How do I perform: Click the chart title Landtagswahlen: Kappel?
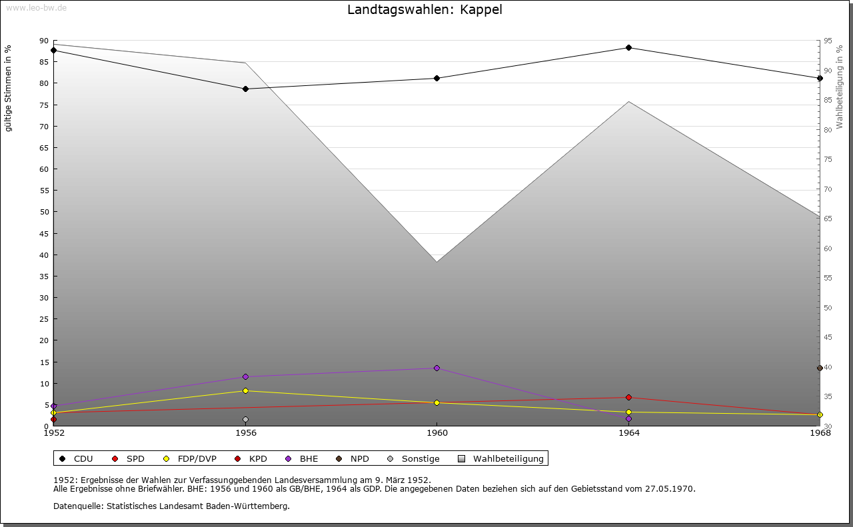point(425,10)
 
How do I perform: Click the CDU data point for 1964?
point(628,47)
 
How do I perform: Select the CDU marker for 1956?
point(245,89)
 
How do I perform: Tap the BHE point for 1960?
point(436,368)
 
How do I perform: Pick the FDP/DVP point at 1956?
point(245,390)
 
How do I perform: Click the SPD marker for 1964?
point(628,397)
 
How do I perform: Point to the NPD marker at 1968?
point(820,368)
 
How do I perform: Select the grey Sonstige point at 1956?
point(245,419)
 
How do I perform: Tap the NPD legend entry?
point(353,458)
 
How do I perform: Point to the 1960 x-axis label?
point(436,433)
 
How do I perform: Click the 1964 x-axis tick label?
point(628,433)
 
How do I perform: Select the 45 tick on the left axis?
point(44,233)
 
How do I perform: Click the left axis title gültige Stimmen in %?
point(9,88)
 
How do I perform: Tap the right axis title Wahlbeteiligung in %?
point(840,87)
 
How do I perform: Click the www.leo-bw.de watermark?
point(35,6)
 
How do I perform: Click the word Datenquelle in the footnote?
point(75,506)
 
